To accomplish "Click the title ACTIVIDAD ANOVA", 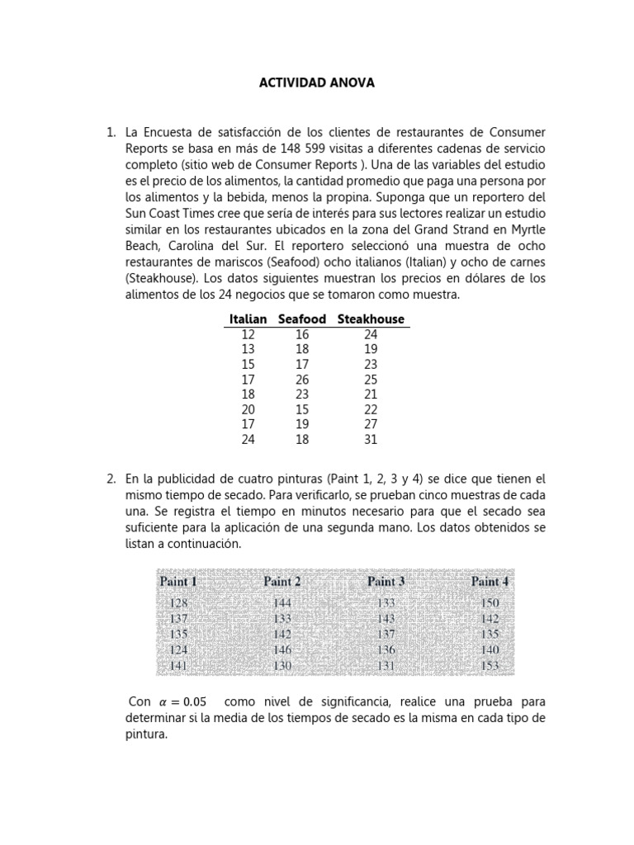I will point(318,83).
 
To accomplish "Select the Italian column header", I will point(248,319).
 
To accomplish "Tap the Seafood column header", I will point(302,319).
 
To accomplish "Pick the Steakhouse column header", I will point(371,319).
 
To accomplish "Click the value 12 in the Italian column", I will point(248,334).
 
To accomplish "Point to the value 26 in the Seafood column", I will point(302,380).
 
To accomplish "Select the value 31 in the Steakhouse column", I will point(371,440).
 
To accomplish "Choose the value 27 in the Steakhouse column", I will point(371,425).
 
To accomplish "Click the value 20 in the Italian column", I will point(248,410).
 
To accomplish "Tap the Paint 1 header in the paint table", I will point(178,582).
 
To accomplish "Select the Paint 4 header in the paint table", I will point(490,582).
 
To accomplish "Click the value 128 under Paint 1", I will point(178,603).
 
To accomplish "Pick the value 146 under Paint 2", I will point(282,649).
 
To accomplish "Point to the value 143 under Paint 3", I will point(386,619).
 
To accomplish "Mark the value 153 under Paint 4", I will point(490,665).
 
